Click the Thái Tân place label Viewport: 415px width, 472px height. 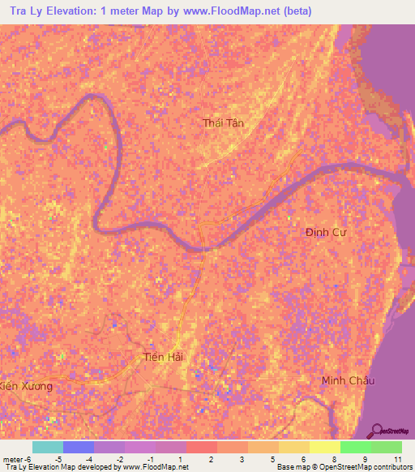point(223,123)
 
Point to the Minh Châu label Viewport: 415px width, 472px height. point(349,380)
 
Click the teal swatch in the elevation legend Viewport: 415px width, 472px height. point(47,447)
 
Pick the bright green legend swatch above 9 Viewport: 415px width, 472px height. point(356,447)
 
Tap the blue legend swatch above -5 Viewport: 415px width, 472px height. point(78,447)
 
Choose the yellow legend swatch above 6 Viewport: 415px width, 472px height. point(293,447)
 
